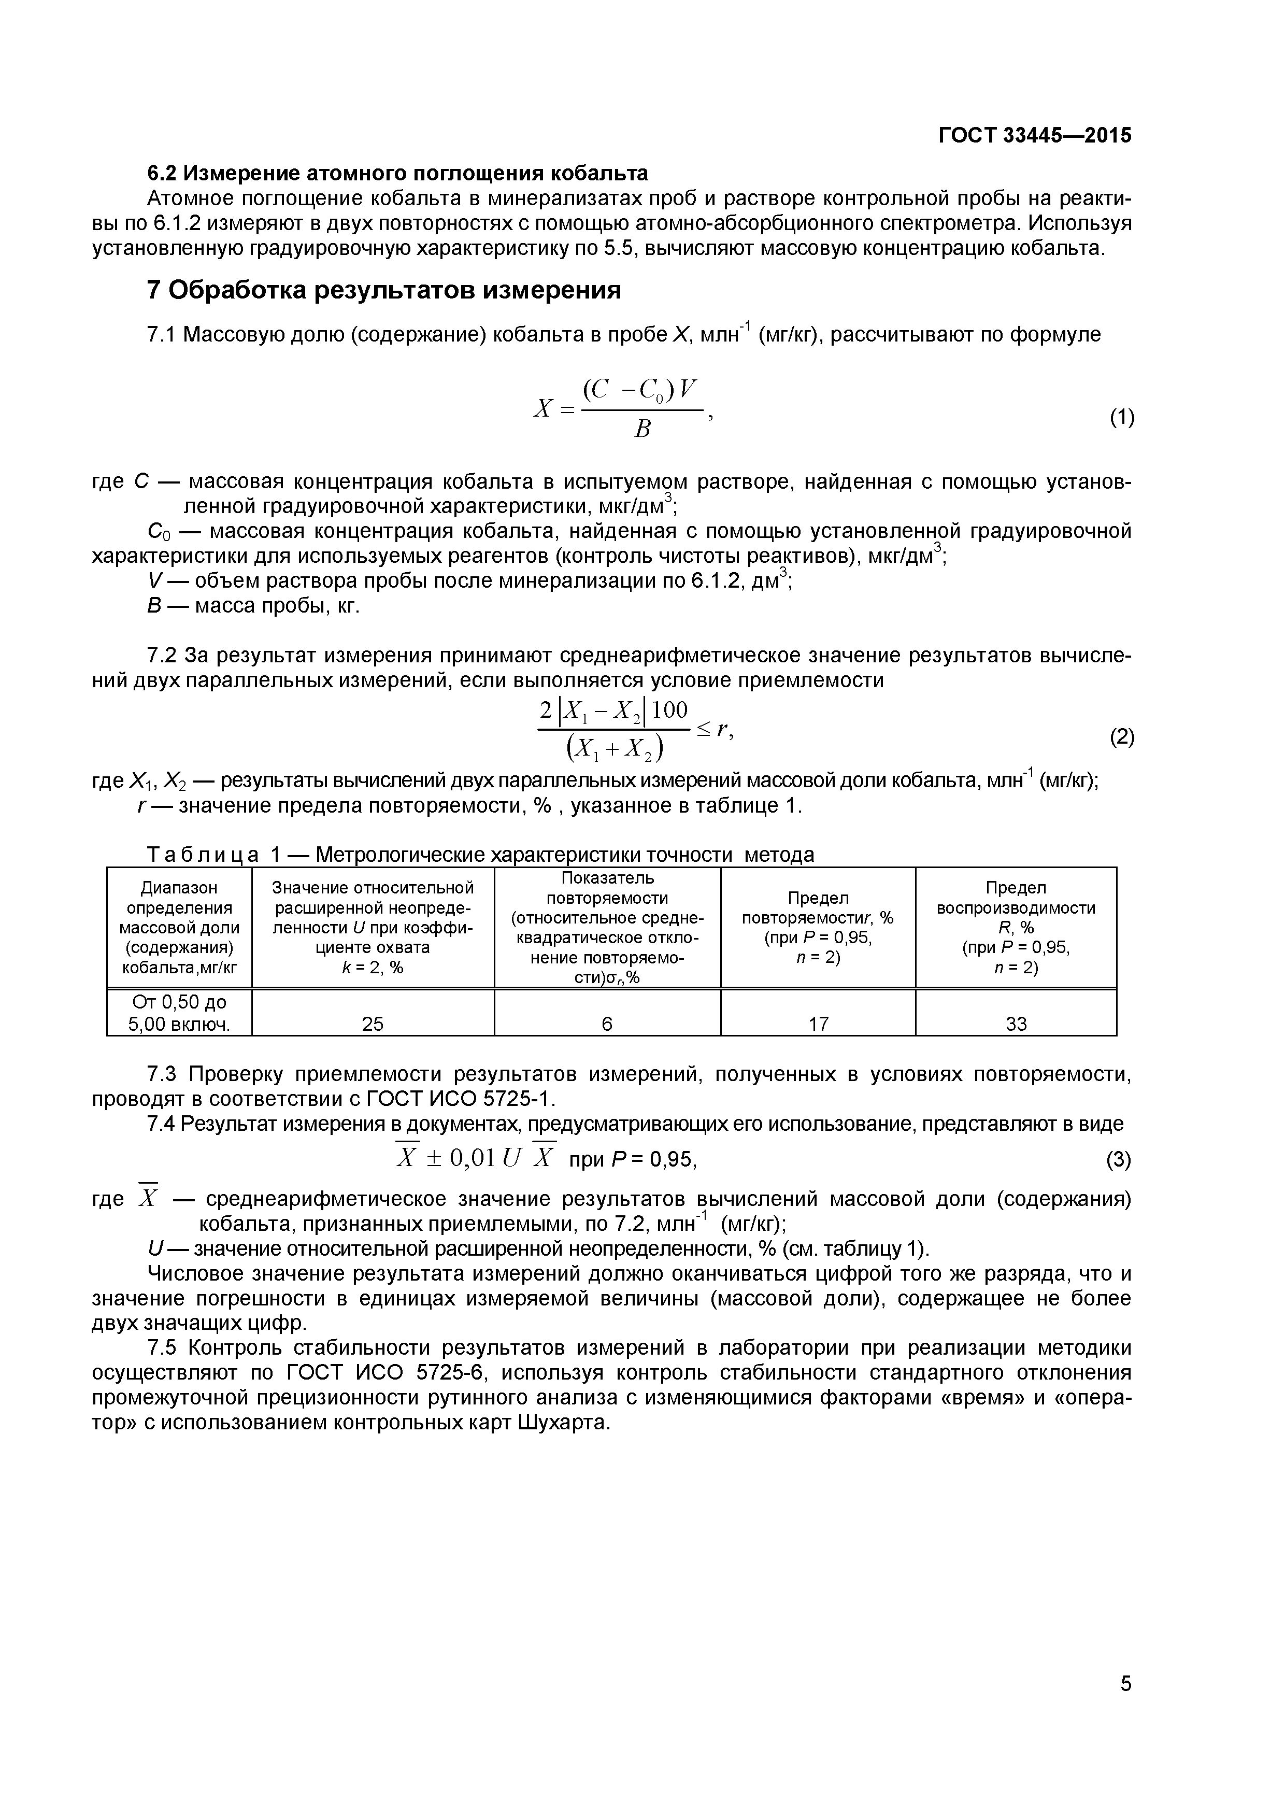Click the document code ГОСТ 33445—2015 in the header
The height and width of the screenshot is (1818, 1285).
click(1035, 135)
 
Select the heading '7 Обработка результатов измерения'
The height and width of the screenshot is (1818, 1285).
click(384, 291)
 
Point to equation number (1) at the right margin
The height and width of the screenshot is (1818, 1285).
click(1122, 417)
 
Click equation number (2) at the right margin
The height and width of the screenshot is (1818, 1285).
click(1122, 737)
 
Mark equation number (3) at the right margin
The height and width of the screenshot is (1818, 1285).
click(1118, 1160)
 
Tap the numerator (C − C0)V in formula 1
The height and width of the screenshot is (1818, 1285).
click(640, 390)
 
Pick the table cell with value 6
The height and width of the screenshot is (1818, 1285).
click(606, 1024)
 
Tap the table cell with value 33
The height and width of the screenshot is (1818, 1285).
click(1016, 1024)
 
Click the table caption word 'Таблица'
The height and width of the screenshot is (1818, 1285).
click(203, 855)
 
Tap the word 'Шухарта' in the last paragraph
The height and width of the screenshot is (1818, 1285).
click(564, 1422)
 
